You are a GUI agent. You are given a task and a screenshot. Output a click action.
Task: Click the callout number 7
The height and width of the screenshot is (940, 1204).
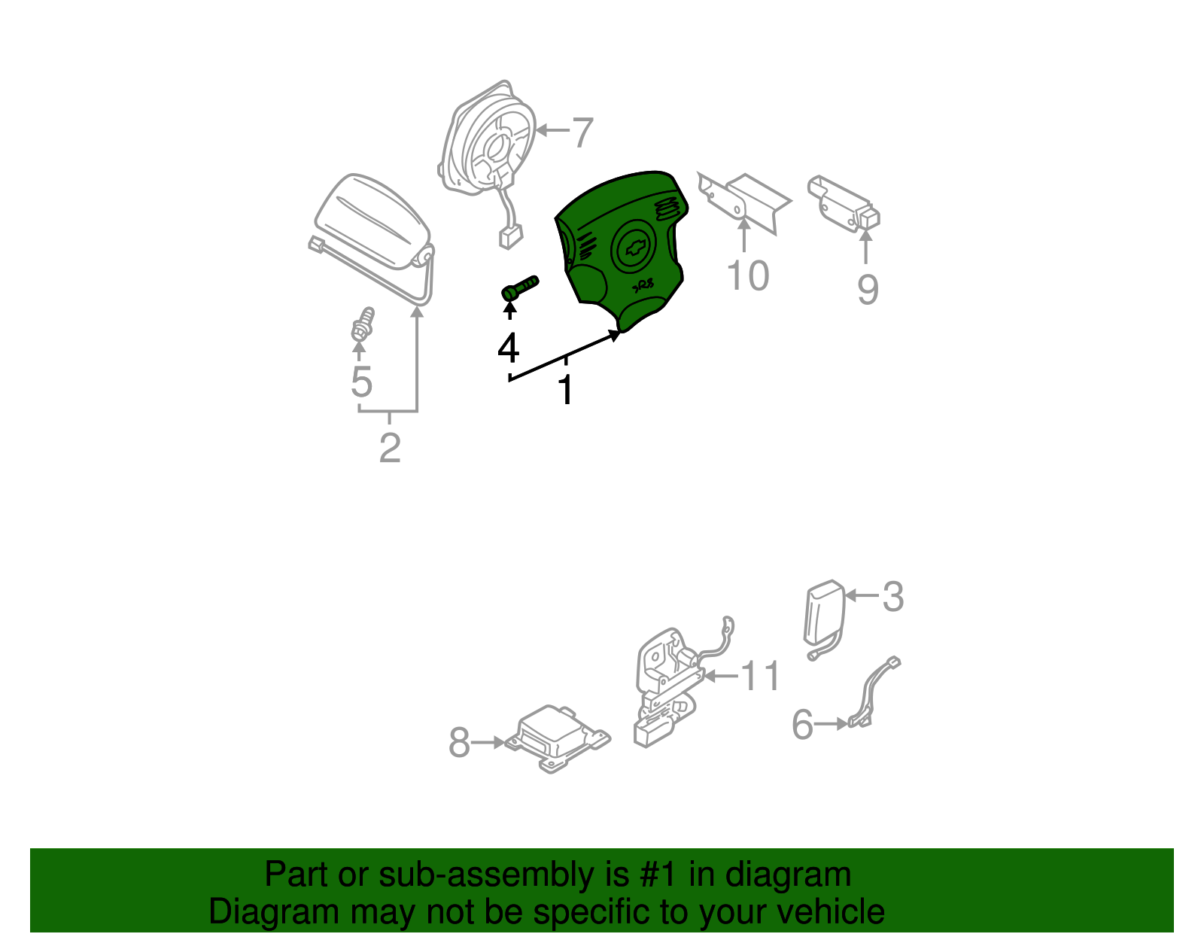pos(582,132)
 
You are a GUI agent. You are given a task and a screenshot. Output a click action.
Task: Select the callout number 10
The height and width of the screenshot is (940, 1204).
pos(747,275)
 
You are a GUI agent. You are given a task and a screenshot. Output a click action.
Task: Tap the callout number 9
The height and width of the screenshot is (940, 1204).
pos(868,289)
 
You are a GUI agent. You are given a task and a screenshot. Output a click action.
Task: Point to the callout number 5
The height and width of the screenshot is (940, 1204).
pos(361,382)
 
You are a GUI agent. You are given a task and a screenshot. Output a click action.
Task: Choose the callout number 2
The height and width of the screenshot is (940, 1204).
pos(390,448)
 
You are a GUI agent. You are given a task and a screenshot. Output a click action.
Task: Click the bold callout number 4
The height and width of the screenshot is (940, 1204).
pos(508,348)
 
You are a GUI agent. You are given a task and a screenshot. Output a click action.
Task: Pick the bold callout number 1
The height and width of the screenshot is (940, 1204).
pos(566,390)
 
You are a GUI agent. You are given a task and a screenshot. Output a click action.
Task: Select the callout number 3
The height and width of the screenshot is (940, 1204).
pos(892,597)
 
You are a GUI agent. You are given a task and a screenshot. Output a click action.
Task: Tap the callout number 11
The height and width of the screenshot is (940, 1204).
pos(761,675)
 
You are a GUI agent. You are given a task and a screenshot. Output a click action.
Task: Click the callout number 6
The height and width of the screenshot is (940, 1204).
pos(802,724)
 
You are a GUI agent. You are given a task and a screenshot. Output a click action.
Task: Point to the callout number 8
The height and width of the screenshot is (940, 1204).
pos(459,743)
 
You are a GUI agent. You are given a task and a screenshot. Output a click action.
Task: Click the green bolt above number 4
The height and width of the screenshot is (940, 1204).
pos(519,288)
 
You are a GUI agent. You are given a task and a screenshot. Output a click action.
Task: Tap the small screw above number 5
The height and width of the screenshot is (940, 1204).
pos(363,324)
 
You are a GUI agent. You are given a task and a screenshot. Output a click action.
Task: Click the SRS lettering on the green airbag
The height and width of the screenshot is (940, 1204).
pos(643,286)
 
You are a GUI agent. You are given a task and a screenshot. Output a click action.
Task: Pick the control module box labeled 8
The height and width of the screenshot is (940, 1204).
pos(558,738)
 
